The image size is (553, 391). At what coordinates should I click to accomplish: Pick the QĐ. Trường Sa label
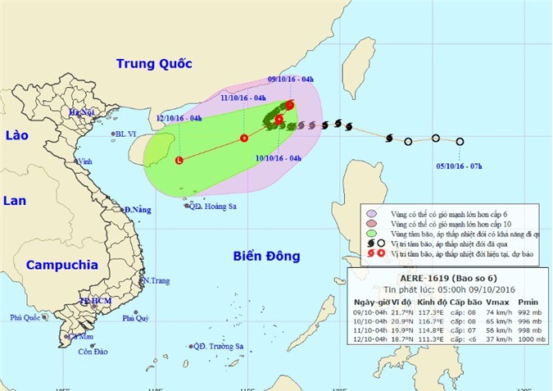click(216, 347)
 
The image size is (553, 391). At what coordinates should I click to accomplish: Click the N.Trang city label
click(156, 280)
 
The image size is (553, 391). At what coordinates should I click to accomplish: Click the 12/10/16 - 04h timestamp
click(179, 118)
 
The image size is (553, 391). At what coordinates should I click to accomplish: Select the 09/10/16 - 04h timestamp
click(291, 80)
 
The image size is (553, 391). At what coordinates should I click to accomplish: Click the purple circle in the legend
click(371, 212)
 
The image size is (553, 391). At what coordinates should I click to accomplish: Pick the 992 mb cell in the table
click(532, 311)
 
